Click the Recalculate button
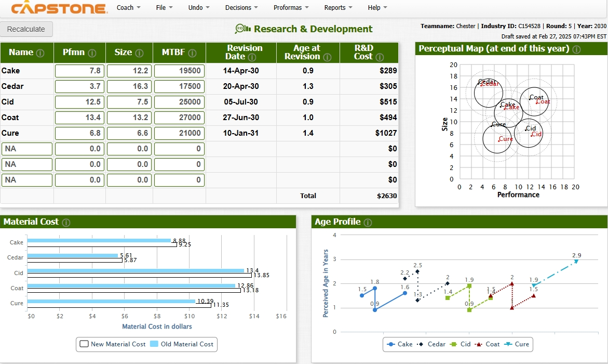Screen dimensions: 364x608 click(26, 29)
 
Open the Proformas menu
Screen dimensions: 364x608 click(291, 8)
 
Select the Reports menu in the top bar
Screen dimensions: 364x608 click(338, 8)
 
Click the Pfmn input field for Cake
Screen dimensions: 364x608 click(79, 71)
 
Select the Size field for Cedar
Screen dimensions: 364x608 click(129, 86)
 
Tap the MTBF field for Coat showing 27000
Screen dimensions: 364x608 click(179, 118)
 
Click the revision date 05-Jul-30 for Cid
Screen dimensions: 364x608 click(241, 102)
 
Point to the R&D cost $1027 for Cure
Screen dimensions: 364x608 click(386, 133)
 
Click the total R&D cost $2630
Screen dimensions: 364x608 click(387, 196)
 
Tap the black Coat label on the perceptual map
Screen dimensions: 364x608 click(536, 97)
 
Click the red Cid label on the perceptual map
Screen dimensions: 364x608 click(537, 134)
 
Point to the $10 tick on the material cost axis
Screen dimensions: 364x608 click(190, 316)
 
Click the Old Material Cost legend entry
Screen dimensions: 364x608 click(182, 344)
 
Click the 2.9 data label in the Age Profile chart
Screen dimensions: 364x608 click(576, 255)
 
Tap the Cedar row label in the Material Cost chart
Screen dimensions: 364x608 click(15, 257)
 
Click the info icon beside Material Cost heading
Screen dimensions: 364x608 click(66, 223)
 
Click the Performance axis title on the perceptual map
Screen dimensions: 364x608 click(518, 195)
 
